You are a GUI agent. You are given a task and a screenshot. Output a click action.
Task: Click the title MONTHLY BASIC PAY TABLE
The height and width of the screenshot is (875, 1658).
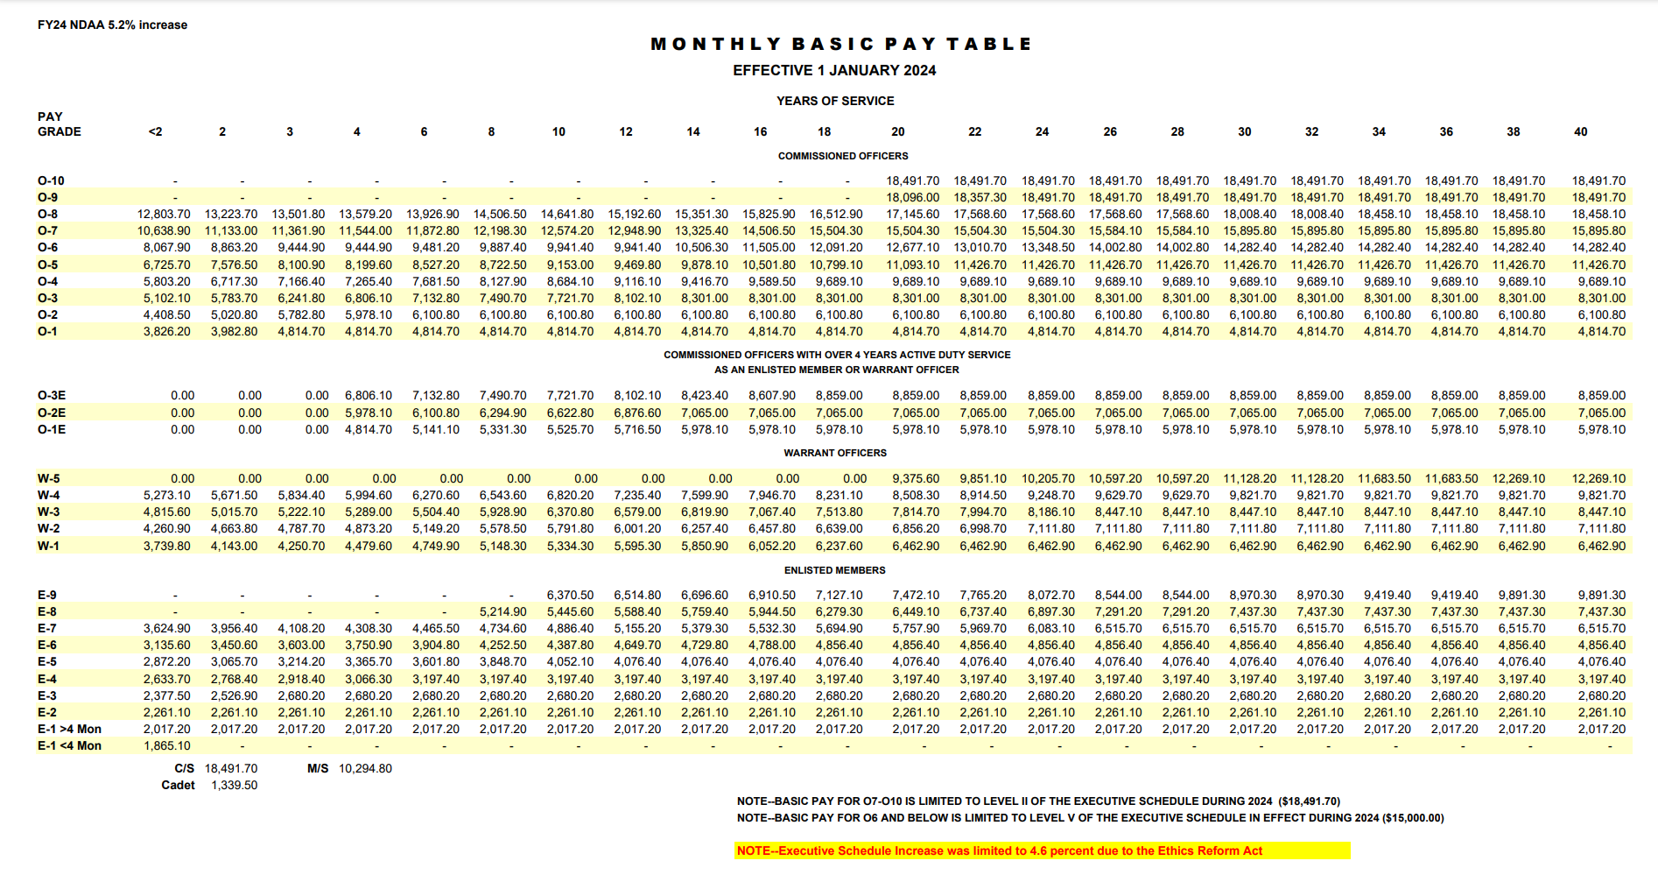point(841,44)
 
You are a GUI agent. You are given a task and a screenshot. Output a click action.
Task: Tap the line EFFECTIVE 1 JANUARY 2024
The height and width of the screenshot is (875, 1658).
point(834,70)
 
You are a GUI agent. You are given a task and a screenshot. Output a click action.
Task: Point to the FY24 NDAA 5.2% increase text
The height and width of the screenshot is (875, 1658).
point(112,25)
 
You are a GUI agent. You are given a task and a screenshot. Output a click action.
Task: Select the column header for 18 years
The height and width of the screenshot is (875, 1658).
point(824,131)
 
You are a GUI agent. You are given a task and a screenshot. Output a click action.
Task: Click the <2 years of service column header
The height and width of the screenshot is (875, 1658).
point(155,131)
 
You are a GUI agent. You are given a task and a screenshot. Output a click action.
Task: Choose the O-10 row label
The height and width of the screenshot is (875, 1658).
point(51,180)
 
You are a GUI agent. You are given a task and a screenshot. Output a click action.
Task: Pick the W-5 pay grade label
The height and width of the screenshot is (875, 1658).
point(49,478)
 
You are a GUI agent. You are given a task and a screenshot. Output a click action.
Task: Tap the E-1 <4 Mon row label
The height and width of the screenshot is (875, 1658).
point(69,745)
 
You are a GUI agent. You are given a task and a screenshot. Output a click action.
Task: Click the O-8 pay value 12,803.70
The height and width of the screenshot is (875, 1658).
point(164,214)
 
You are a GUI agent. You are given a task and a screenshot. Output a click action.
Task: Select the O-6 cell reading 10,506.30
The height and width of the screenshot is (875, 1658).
point(701,247)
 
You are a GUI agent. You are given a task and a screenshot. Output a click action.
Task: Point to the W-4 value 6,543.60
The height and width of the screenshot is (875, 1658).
point(502,495)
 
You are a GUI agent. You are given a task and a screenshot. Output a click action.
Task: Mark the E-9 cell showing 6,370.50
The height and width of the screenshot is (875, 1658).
point(570,595)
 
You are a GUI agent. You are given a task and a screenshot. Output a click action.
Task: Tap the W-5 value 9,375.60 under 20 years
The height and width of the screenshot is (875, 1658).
point(916,478)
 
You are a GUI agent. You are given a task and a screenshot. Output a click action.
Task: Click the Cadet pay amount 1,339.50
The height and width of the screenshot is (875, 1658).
point(235,785)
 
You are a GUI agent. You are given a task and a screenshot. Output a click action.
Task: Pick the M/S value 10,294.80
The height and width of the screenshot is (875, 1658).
point(365,768)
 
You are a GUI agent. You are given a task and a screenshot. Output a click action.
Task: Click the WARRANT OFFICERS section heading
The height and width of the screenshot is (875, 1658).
point(835,453)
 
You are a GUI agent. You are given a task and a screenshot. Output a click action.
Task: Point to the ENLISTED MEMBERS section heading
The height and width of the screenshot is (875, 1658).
point(834,570)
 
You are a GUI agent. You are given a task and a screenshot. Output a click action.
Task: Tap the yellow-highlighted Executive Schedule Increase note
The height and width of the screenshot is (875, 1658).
point(999,850)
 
